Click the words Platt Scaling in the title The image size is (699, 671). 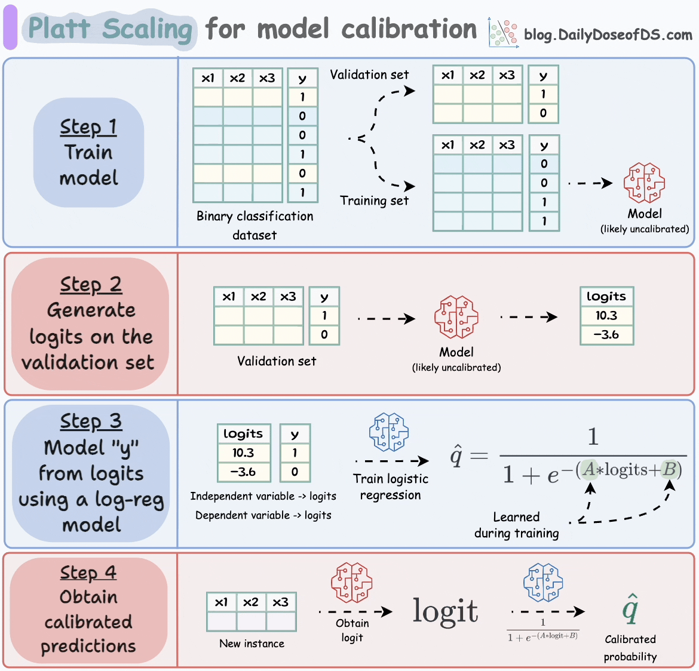(x=111, y=29)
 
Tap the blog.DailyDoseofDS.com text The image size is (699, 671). (x=608, y=35)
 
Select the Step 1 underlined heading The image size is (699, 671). (x=88, y=127)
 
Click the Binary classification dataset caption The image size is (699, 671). (x=255, y=225)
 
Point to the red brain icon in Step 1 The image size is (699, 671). (x=644, y=183)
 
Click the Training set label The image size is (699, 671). (x=375, y=201)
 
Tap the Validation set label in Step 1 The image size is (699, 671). (x=369, y=75)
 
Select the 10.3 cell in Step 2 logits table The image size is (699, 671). (x=606, y=316)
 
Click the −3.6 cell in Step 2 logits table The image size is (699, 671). (x=606, y=335)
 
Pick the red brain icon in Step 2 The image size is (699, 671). (x=456, y=317)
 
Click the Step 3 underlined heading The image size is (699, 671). (x=91, y=421)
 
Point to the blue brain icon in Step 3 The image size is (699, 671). (x=389, y=432)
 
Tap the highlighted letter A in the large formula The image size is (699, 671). (x=590, y=470)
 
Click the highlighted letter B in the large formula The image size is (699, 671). (x=670, y=470)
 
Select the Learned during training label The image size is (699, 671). (x=517, y=525)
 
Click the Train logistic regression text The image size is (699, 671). (x=391, y=487)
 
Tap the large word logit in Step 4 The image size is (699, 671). (x=445, y=611)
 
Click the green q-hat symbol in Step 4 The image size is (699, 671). (x=630, y=609)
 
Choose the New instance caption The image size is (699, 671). (x=252, y=644)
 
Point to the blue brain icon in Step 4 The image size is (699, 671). (x=543, y=583)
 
